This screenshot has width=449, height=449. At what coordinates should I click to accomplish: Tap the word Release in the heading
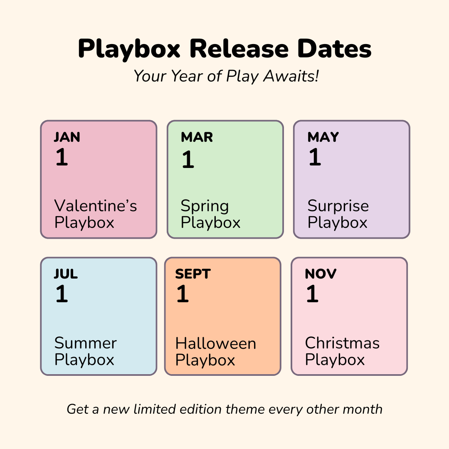pyautogui.click(x=239, y=49)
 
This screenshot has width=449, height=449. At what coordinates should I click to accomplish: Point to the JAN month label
pyautogui.click(x=67, y=137)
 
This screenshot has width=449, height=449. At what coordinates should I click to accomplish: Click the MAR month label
pyautogui.click(x=197, y=137)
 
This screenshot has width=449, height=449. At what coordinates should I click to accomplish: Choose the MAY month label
pyautogui.click(x=323, y=137)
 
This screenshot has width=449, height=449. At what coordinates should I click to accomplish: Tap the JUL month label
pyautogui.click(x=66, y=274)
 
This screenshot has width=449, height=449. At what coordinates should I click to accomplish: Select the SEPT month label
pyautogui.click(x=193, y=274)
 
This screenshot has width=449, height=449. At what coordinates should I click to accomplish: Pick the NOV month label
pyautogui.click(x=321, y=274)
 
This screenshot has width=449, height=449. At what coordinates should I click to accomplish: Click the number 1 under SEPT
pyautogui.click(x=183, y=294)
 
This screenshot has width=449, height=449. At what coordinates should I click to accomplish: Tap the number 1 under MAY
pyautogui.click(x=315, y=157)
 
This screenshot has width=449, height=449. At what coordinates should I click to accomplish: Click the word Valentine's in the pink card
pyautogui.click(x=96, y=206)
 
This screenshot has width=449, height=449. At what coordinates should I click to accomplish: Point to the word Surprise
pyautogui.click(x=338, y=206)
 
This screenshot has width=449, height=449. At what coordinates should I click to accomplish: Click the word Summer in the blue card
pyautogui.click(x=86, y=343)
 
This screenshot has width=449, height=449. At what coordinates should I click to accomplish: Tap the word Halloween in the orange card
pyautogui.click(x=216, y=343)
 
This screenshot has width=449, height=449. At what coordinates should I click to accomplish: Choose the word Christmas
pyautogui.click(x=342, y=343)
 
